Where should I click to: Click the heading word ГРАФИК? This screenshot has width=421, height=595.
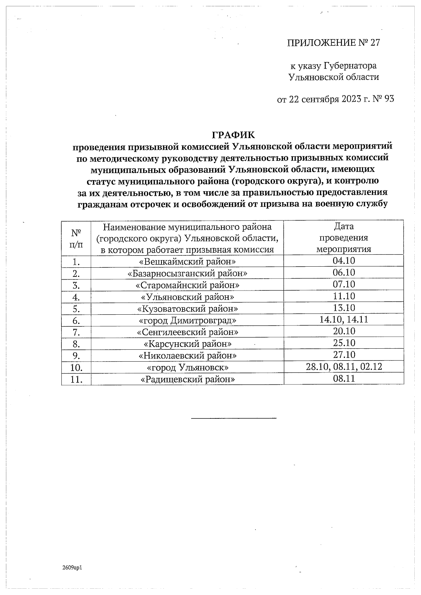(x=233, y=135)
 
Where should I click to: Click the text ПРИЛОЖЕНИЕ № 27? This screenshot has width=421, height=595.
(x=333, y=43)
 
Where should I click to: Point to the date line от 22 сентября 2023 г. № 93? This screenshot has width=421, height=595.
(x=335, y=99)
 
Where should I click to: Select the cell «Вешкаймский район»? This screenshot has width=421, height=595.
(x=187, y=261)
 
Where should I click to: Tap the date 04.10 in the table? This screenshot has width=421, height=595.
(x=343, y=261)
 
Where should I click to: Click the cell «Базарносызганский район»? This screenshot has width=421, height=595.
(x=187, y=273)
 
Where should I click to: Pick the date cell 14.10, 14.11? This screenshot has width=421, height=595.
(x=343, y=319)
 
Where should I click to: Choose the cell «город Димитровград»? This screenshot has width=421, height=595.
(x=187, y=320)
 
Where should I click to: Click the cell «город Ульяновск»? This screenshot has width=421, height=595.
(x=187, y=367)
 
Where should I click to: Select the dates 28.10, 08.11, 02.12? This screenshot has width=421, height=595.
(x=343, y=367)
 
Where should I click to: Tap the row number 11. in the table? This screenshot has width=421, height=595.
(x=76, y=379)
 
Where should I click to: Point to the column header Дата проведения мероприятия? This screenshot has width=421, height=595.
(x=343, y=238)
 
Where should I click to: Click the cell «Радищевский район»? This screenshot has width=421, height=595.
(x=187, y=379)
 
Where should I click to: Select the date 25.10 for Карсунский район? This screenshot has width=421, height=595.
(x=343, y=343)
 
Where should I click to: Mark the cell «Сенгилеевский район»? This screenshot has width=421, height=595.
(x=187, y=332)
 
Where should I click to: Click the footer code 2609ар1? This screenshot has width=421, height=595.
(x=72, y=567)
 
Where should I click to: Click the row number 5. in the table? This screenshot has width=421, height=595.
(x=76, y=309)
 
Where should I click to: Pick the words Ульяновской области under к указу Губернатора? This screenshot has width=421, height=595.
(x=333, y=77)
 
